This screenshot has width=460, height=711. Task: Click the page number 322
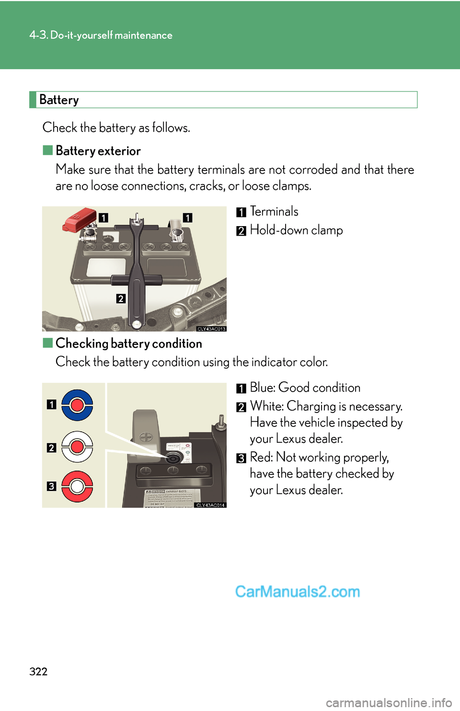click(38, 671)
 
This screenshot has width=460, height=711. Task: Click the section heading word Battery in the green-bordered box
click(59, 100)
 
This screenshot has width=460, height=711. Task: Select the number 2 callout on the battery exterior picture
click(121, 298)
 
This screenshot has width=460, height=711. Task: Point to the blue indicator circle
click(77, 405)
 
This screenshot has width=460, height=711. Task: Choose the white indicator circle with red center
click(77, 447)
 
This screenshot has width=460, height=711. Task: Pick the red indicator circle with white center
click(77, 487)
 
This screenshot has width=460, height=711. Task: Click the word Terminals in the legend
click(274, 211)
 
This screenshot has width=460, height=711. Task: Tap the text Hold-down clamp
click(296, 230)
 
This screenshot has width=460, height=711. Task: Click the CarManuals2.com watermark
click(298, 592)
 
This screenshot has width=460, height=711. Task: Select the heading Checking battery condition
click(128, 344)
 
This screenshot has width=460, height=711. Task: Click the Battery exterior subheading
click(98, 151)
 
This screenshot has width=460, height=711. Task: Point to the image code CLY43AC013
click(211, 329)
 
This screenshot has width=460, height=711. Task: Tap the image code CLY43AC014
click(211, 505)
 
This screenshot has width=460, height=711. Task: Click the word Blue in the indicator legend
click(262, 388)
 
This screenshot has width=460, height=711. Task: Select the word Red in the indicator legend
click(261, 457)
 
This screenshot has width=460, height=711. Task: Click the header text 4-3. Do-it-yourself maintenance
click(101, 35)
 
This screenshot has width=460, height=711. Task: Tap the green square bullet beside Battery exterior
click(47, 150)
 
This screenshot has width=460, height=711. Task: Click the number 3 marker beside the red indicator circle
click(51, 486)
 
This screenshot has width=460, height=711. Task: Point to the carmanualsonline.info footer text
click(389, 702)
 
